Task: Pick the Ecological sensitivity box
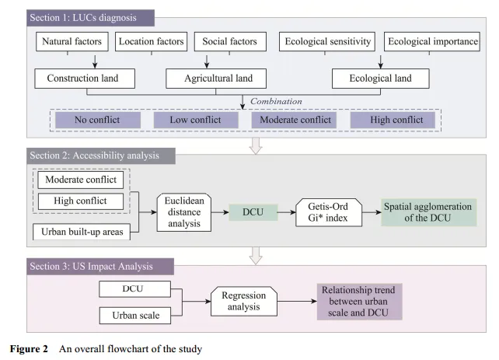(328, 41)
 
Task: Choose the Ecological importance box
(432, 41)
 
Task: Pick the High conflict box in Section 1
(392, 121)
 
